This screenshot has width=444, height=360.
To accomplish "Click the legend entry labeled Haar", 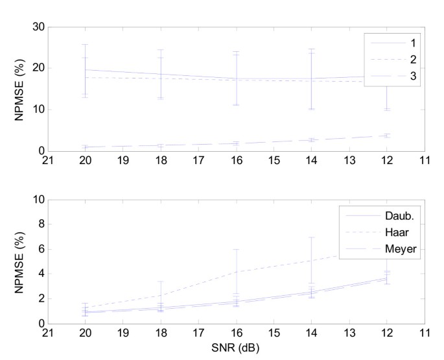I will click(395, 230).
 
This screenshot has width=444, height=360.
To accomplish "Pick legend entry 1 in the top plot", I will click(408, 42).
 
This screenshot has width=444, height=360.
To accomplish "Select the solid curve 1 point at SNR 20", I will click(85, 69).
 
